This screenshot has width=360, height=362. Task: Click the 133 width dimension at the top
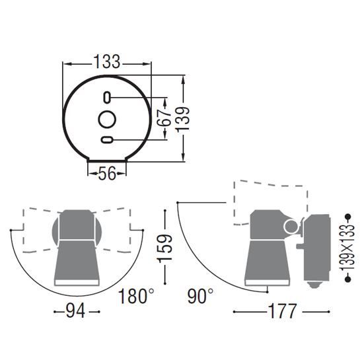pyautogui.click(x=107, y=61)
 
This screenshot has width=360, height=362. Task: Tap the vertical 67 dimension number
pyautogui.click(x=164, y=118)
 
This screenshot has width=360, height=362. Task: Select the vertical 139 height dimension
pyautogui.click(x=183, y=120)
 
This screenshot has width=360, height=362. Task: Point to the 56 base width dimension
pyautogui.click(x=107, y=173)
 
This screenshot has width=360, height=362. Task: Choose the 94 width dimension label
pyautogui.click(x=75, y=310)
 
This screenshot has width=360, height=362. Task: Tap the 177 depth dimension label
pyautogui.click(x=282, y=311)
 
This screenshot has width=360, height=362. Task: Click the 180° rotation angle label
pyautogui.click(x=136, y=296)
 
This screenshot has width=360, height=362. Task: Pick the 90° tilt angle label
pyautogui.click(x=200, y=296)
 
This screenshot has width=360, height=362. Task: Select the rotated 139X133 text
pyautogui.click(x=347, y=248)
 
